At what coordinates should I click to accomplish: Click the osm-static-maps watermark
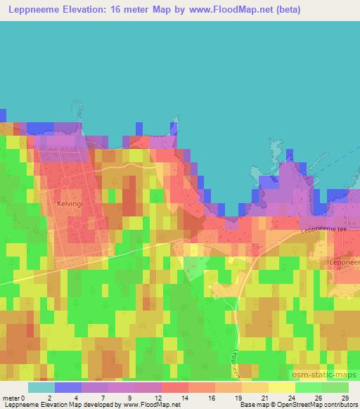[323, 375]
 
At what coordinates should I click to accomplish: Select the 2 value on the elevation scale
[49, 398]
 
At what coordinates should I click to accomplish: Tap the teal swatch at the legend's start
[41, 387]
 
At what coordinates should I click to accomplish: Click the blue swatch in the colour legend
[68, 387]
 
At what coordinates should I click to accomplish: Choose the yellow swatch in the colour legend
[281, 387]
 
